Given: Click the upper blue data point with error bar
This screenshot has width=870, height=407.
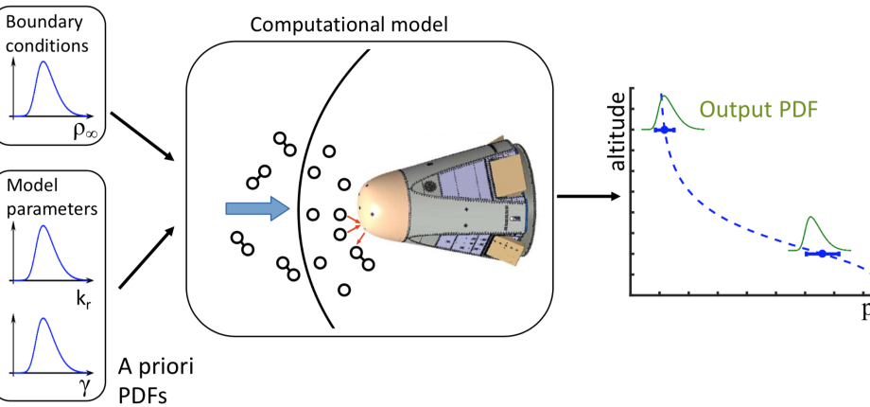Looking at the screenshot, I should pyautogui.click(x=664, y=129).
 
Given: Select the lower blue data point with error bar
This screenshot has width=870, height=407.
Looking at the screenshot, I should pyautogui.click(x=822, y=254).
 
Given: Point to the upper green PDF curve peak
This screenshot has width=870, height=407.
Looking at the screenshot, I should pyautogui.click(x=663, y=96).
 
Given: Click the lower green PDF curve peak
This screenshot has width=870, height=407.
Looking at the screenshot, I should pyautogui.click(x=810, y=219).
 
